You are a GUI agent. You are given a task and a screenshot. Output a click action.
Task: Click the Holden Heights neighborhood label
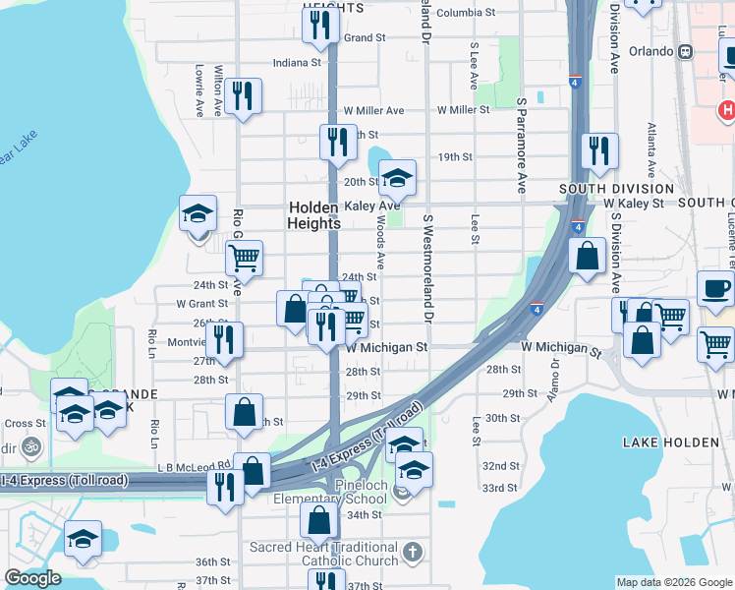[314, 215]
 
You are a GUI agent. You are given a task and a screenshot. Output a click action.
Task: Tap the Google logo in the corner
[32, 578]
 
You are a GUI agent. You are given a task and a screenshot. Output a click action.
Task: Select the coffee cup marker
[714, 289]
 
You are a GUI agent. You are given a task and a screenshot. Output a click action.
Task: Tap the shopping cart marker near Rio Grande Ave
[243, 259]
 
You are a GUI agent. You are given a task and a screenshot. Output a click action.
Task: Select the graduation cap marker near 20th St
[397, 178]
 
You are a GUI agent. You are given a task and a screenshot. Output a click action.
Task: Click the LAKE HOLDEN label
[671, 442]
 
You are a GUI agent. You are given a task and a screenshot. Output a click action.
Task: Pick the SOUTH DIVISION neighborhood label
[616, 188]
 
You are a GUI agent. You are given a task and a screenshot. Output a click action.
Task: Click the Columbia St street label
[466, 13]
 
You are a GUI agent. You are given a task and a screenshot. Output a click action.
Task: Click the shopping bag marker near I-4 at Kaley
[587, 258]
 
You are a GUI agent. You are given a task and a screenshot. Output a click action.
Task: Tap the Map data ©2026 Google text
[674, 582]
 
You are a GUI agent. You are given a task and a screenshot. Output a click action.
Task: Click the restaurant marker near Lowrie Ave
[242, 96]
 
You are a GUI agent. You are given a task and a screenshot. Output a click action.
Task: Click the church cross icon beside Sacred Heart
[413, 552]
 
